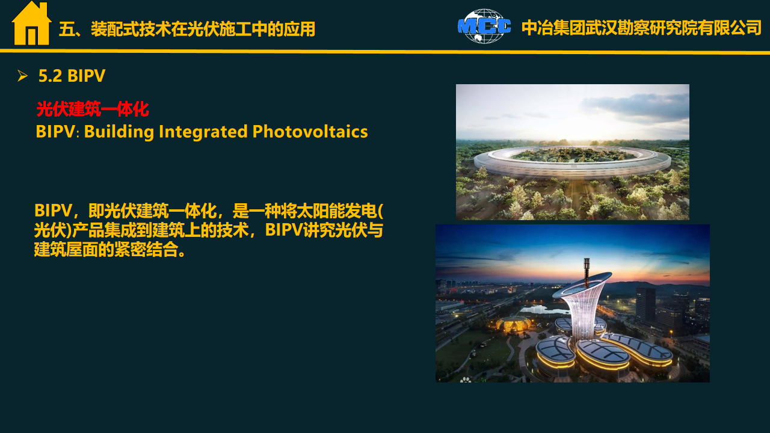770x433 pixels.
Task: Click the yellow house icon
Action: (x=32, y=23)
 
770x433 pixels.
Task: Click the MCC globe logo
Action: (x=484, y=26)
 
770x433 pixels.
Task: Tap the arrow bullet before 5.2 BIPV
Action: (x=22, y=76)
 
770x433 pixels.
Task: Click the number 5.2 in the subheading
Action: (x=50, y=76)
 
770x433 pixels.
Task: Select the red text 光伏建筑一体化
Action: (x=93, y=109)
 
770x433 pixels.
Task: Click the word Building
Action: (x=119, y=132)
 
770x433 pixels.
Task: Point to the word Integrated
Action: (x=203, y=132)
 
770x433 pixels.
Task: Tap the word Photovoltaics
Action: (x=310, y=132)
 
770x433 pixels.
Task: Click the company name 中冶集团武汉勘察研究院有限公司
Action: (x=641, y=28)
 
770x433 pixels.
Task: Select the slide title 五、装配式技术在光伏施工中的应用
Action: (x=187, y=29)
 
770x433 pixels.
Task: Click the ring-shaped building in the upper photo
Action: (x=572, y=162)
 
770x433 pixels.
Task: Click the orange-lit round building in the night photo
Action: (x=514, y=324)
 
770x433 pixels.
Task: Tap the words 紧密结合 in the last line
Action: (x=146, y=250)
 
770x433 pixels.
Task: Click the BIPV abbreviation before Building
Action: (x=55, y=132)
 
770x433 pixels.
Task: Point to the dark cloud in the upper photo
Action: (x=636, y=105)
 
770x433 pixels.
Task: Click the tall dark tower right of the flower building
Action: (x=645, y=306)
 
